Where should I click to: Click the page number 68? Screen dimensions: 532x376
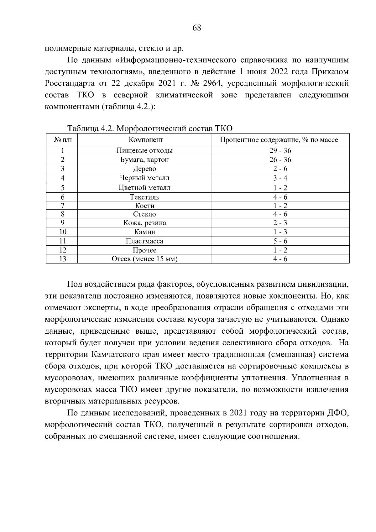[197, 28]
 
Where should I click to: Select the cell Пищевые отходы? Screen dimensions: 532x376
[144, 150]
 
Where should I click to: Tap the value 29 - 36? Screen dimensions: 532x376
[280, 150]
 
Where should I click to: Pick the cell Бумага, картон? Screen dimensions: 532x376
[144, 159]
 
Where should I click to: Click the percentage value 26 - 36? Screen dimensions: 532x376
[280, 159]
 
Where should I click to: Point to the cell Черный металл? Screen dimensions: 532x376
[144, 178]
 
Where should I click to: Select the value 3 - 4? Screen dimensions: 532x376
[280, 178]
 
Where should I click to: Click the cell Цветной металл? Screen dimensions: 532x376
[144, 188]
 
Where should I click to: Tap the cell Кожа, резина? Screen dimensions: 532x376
[144, 223]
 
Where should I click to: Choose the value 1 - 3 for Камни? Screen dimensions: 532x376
[280, 232]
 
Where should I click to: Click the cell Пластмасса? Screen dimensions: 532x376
[144, 241]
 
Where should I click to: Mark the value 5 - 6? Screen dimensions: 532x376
[280, 241]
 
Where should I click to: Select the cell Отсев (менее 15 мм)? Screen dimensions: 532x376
[144, 259]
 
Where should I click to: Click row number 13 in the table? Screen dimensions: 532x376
[62, 259]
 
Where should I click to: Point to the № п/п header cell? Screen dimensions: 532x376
[62, 140]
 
